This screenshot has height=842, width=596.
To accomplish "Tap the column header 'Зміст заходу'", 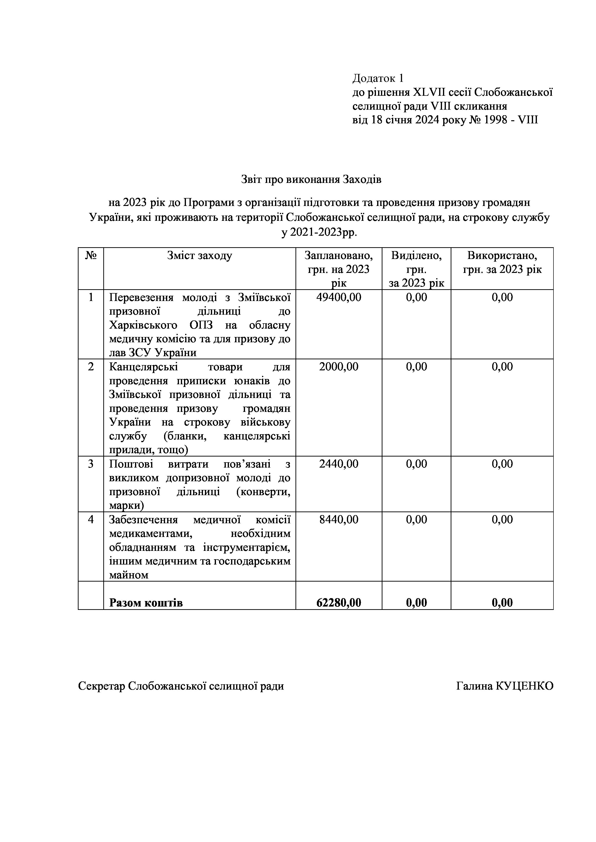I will click(199, 255).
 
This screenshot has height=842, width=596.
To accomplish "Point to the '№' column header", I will click(91, 255).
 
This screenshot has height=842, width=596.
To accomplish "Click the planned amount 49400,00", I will click(338, 297).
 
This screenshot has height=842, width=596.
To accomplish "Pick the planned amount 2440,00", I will click(338, 464).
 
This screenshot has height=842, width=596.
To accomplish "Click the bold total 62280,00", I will click(338, 602).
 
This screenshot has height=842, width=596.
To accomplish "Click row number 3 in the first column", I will click(91, 464).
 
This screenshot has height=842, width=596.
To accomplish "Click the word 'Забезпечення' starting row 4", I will click(143, 520).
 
